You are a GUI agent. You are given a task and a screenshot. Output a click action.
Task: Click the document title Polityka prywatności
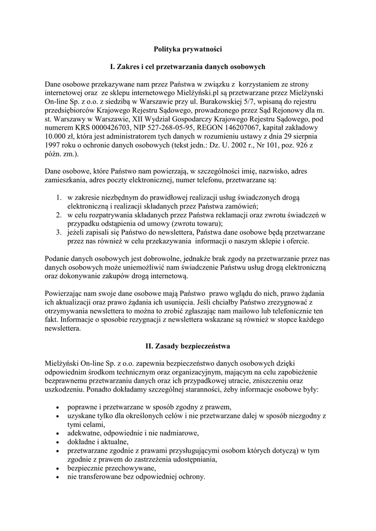tap(188, 49)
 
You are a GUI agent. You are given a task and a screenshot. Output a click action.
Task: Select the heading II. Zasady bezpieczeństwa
tap(188, 345)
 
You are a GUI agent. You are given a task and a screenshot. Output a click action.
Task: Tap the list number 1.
tap(59, 198)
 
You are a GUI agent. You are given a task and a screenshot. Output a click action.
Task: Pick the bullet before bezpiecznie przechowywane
tap(56, 468)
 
